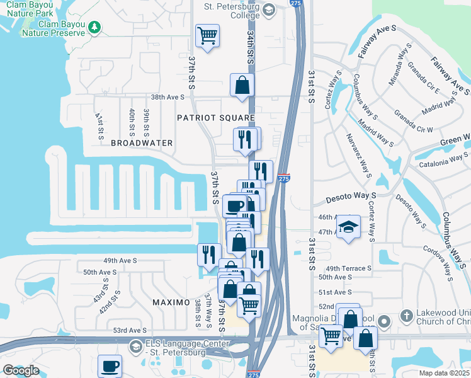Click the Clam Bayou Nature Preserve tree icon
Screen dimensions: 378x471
click(94, 26)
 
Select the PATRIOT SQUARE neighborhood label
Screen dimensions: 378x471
click(215, 118)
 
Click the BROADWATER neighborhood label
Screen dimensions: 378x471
click(142, 143)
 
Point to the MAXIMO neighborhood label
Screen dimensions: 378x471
click(171, 302)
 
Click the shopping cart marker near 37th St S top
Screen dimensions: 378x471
click(207, 35)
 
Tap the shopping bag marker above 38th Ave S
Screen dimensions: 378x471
click(242, 84)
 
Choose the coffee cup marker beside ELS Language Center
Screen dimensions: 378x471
click(110, 365)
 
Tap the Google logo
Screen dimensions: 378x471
click(21, 370)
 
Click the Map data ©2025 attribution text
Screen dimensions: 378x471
click(444, 373)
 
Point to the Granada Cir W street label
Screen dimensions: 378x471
click(413, 121)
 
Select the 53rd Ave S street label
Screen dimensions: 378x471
click(130, 330)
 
